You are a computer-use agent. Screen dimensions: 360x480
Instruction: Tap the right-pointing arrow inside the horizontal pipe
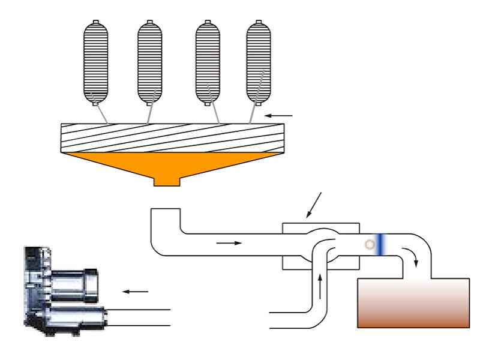pos(229,243)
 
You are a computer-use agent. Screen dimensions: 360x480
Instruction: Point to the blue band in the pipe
pos(380,244)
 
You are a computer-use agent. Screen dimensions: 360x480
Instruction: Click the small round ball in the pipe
pos(370,244)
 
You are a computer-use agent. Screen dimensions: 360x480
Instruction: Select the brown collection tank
pos(413,303)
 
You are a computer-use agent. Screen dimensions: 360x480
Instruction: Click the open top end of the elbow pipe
pos(165,209)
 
